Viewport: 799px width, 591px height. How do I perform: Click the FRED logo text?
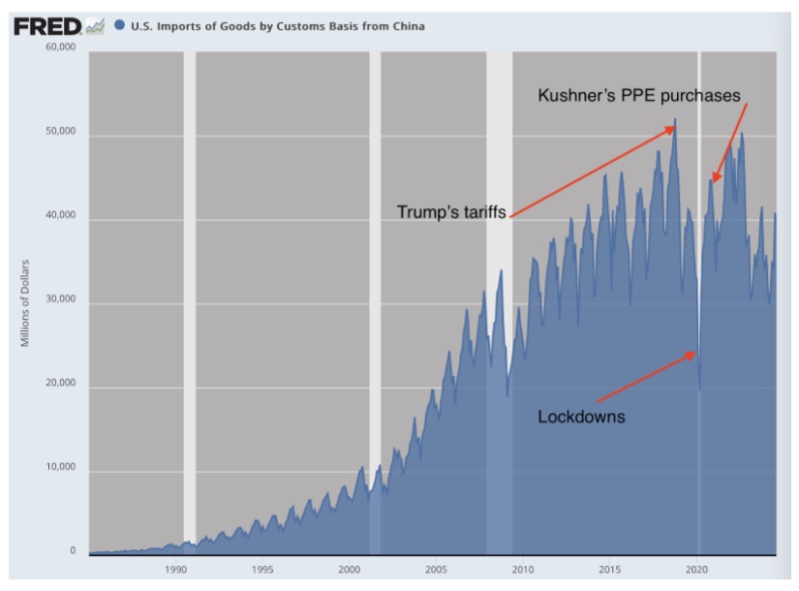click(46, 26)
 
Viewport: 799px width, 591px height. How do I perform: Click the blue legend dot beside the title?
click(120, 26)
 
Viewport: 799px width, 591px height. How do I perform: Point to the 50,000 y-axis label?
click(61, 135)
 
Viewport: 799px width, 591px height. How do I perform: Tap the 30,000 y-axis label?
click(61, 303)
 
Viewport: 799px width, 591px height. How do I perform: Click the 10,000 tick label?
click(61, 470)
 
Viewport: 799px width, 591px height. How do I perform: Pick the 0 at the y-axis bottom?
click(73, 551)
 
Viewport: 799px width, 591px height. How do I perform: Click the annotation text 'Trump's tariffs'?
click(451, 212)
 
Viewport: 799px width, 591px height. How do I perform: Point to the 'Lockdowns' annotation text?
click(581, 416)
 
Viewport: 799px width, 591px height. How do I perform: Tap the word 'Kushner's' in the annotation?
click(575, 96)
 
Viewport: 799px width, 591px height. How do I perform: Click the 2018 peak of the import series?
click(675, 120)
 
